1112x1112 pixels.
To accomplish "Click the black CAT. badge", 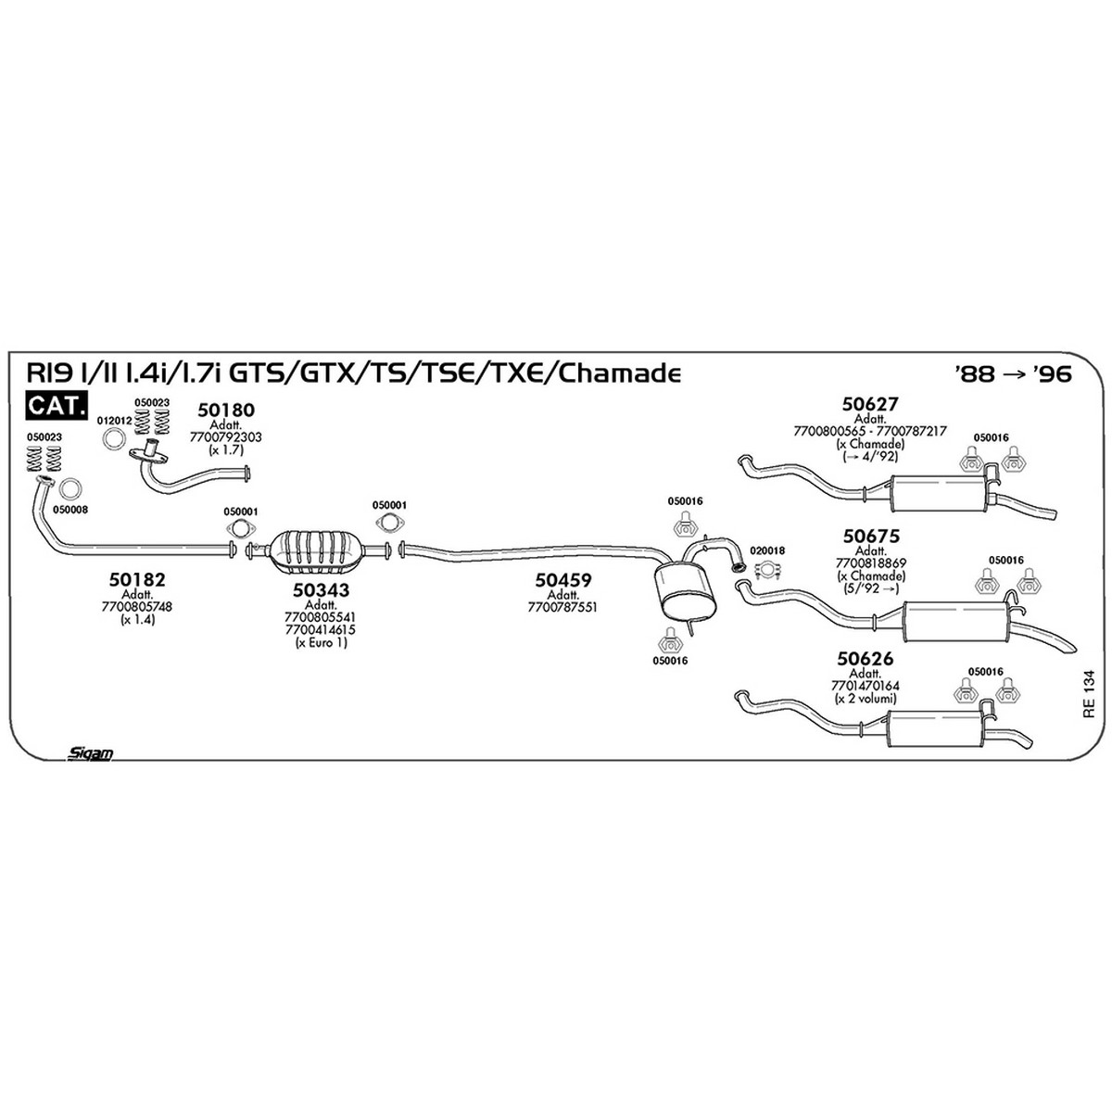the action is (57, 405).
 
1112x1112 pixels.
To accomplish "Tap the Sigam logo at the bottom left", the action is (90, 752).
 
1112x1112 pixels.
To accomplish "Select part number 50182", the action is (137, 579).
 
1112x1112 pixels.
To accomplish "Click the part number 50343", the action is (321, 589).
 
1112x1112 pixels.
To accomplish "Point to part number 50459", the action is (563, 579).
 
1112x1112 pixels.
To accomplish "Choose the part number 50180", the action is (225, 410).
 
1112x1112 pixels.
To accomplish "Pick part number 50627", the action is (870, 403).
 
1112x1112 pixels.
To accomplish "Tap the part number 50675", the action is (871, 536).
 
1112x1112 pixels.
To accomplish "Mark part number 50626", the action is (865, 658).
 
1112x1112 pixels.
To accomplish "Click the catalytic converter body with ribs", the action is (316, 551).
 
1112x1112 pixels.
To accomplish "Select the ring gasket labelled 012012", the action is (114, 440).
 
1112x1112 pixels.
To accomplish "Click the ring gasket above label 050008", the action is (70, 489).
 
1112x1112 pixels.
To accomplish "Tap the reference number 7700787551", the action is (562, 606).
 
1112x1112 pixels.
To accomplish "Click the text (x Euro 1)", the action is (321, 643).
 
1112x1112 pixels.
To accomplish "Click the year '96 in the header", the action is (1052, 373).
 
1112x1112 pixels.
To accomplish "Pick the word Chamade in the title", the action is (620, 374).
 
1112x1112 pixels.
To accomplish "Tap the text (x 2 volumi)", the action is (865, 699).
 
